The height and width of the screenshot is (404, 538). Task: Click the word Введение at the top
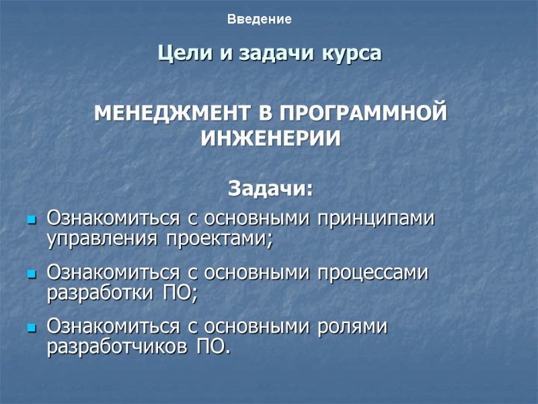[x=259, y=20]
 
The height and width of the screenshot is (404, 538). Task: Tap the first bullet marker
[x=31, y=220]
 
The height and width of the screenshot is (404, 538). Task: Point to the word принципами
[x=377, y=220]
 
